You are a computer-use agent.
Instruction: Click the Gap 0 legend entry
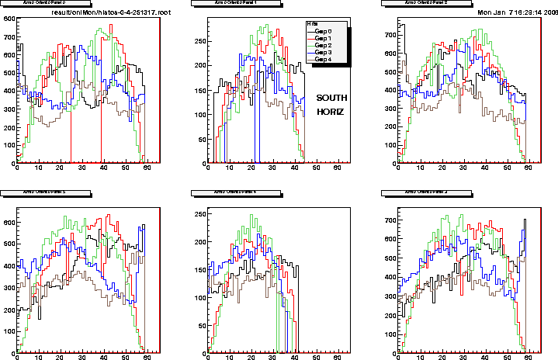[324, 30]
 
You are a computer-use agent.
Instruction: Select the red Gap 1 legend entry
[324, 37]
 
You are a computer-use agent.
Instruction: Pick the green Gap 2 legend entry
[324, 44]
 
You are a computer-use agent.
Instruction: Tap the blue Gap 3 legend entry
[324, 51]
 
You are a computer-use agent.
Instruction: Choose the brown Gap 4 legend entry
[324, 58]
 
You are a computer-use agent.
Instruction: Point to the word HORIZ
[329, 112]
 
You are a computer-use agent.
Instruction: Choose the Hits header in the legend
[312, 23]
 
